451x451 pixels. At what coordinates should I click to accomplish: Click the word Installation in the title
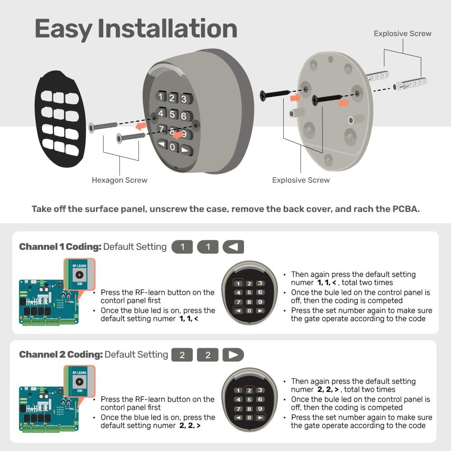167,28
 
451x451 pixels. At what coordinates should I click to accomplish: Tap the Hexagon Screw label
120,180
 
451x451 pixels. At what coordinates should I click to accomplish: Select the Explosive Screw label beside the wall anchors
402,34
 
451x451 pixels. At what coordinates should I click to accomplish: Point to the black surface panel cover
59,118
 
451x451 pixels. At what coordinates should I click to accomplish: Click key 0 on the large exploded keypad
172,147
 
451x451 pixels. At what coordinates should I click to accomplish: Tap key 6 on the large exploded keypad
184,116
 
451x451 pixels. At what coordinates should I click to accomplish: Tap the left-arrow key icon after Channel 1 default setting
233,247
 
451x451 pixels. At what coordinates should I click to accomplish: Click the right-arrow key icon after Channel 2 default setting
233,355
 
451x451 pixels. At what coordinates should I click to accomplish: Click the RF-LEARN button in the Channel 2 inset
79,382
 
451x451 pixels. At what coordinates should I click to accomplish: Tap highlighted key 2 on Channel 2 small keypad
249,391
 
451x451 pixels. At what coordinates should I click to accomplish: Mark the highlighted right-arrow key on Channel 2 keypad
260,418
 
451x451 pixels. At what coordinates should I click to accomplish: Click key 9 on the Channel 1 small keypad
260,302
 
